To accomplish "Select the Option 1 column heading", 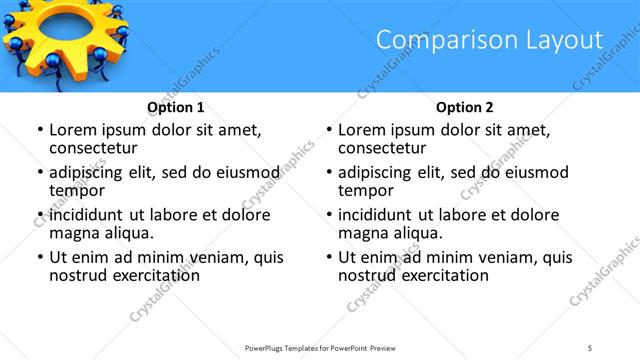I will tap(176, 107).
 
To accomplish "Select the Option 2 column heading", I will tap(465, 107).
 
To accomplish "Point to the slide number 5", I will tap(590, 347).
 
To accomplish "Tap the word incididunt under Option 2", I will tap(377, 215).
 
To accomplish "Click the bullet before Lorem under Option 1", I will tap(39, 130).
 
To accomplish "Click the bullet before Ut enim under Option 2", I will tap(328, 257).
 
